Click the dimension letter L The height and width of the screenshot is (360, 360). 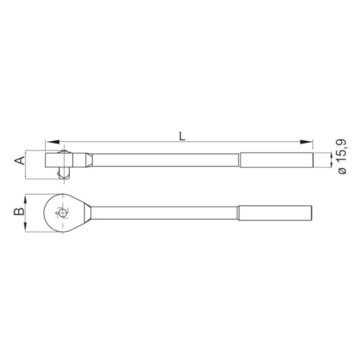pyautogui.click(x=182, y=136)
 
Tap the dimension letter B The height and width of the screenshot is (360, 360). pyautogui.click(x=19, y=212)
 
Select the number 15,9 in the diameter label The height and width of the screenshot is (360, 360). pyautogui.click(x=342, y=151)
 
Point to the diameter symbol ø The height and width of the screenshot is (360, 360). pyautogui.click(x=342, y=171)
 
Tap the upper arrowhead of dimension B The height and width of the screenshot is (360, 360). pyautogui.click(x=25, y=199)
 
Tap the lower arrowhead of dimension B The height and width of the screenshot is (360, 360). pyautogui.click(x=25, y=227)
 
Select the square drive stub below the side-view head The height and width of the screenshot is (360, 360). pyautogui.click(x=64, y=173)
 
